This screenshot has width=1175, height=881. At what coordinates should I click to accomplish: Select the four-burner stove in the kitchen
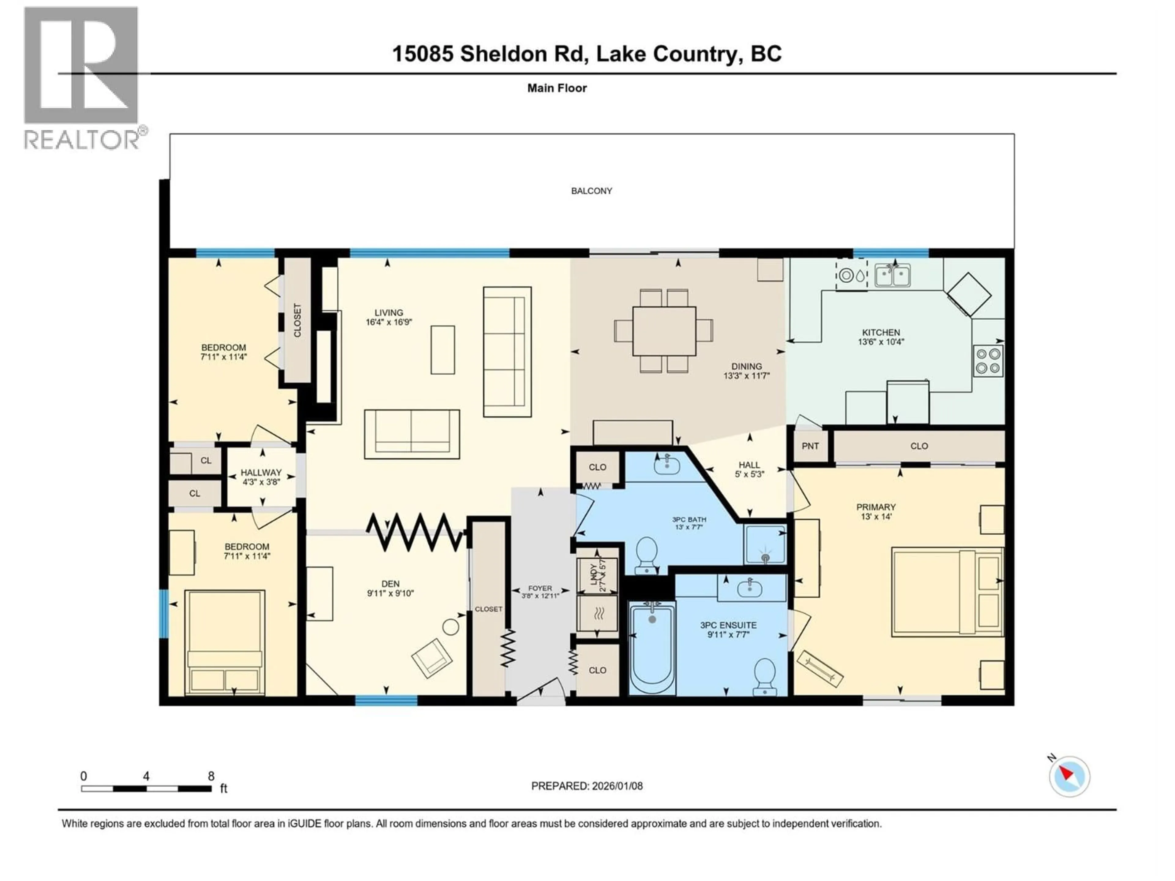point(988,361)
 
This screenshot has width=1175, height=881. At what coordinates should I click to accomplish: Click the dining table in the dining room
point(664,331)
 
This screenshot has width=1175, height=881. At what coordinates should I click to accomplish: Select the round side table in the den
point(450,627)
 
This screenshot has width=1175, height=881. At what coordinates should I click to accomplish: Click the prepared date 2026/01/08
point(617,786)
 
